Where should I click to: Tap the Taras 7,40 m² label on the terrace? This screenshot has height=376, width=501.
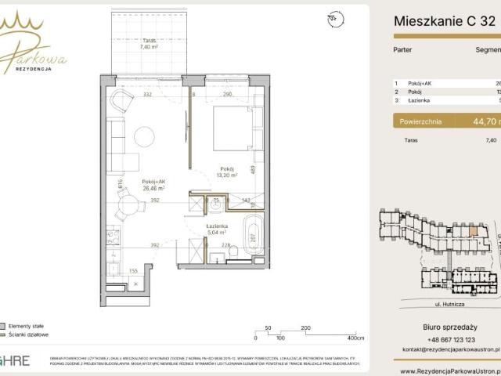[x=150, y=44]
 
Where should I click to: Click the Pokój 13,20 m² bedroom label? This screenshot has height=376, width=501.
[x=227, y=172]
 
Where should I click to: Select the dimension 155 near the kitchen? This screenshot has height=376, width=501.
[x=135, y=270]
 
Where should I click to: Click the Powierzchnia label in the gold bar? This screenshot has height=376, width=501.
[x=420, y=121]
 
